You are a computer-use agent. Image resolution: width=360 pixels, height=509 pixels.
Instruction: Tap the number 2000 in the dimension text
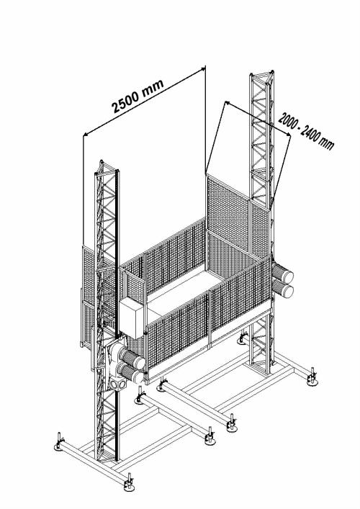[x=288, y=121]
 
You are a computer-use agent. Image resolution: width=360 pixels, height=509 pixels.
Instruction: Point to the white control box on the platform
[x=131, y=318]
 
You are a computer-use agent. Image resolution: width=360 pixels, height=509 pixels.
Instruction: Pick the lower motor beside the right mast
[x=283, y=289]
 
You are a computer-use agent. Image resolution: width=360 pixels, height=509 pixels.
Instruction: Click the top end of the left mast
[x=102, y=161]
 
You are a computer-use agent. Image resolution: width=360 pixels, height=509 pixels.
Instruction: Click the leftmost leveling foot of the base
[x=59, y=443]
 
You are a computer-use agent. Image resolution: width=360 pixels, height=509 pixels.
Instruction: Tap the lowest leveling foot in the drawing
[x=130, y=483]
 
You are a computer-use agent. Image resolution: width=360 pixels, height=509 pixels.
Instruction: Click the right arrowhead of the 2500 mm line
[x=202, y=69]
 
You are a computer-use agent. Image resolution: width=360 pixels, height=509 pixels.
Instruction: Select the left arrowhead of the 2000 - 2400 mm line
[x=228, y=102]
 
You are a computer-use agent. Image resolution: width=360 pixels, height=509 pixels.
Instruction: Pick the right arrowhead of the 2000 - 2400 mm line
[x=287, y=135]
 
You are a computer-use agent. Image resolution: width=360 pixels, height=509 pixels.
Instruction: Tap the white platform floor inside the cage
[x=181, y=292]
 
